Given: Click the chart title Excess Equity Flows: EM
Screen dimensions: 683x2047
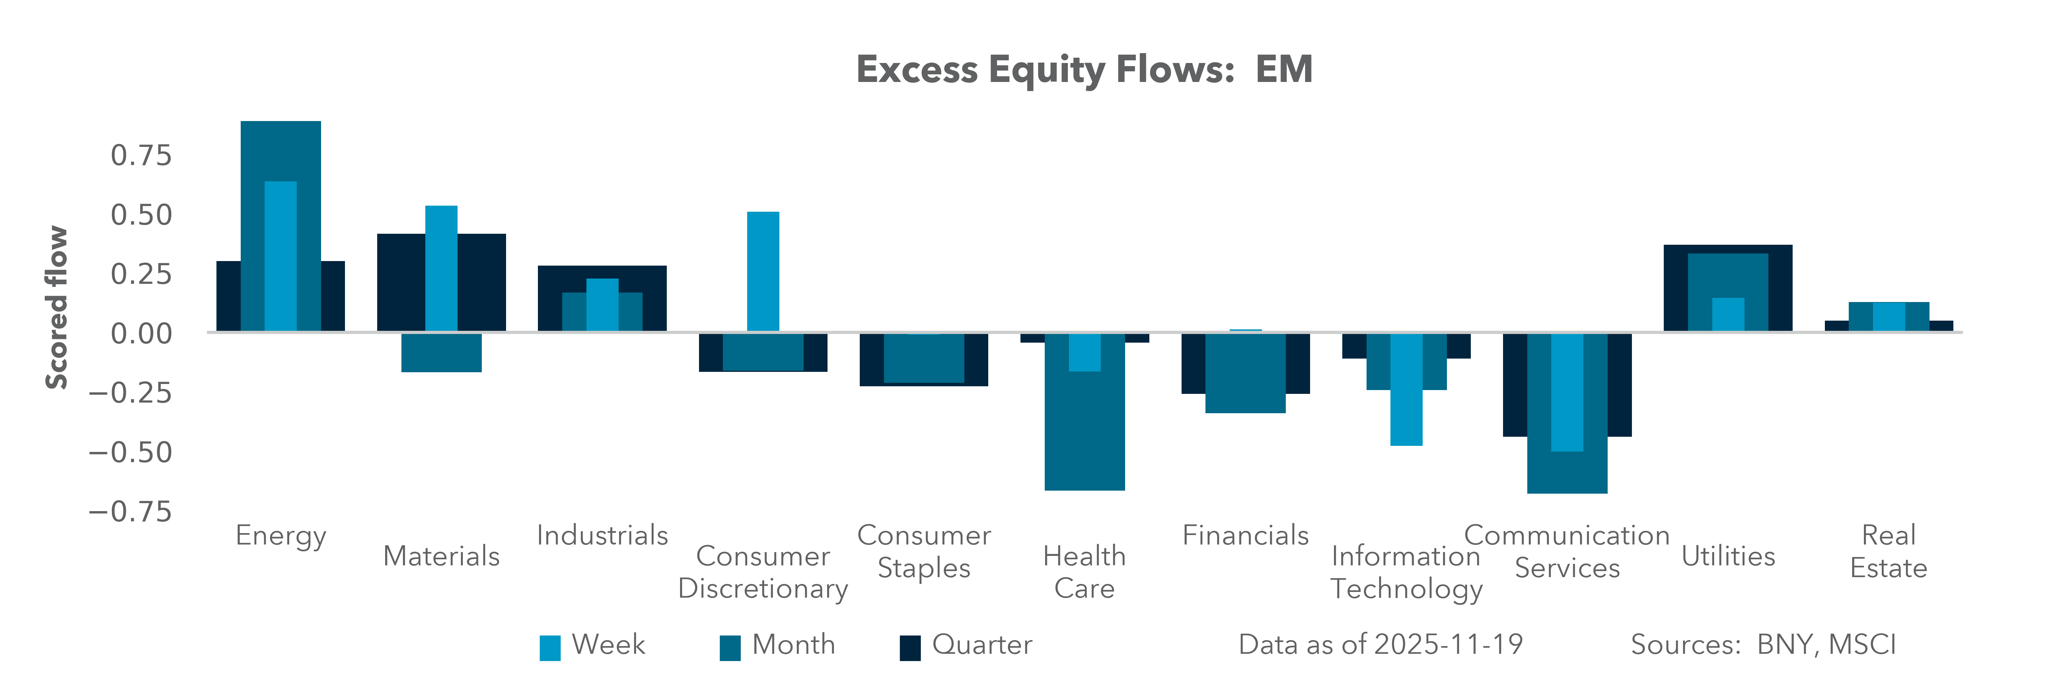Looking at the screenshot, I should [x=1084, y=70].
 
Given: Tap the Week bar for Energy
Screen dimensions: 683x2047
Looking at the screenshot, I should [x=281, y=256].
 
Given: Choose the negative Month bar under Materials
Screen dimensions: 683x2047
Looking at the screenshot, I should [x=441, y=352].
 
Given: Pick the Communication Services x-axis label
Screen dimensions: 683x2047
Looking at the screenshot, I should [x=1566, y=552].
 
